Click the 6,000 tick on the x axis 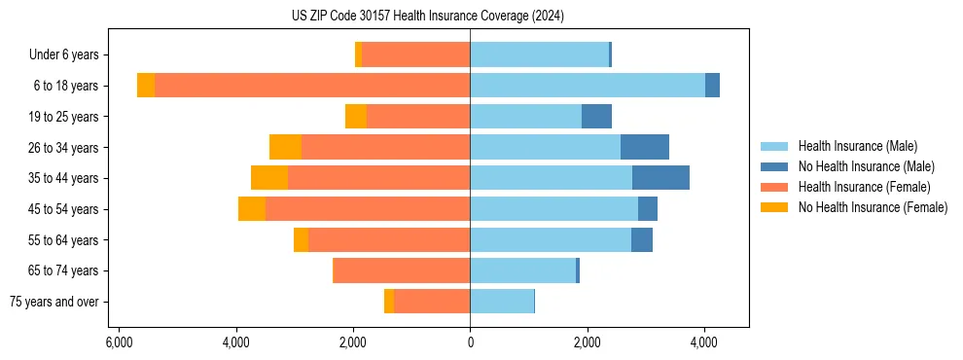(118, 342)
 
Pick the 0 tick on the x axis (470, 342)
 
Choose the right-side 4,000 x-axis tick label (704, 342)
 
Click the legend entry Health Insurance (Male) (857, 146)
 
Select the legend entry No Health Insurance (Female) (873, 207)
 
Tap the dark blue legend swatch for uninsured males (775, 166)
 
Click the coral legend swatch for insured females (775, 187)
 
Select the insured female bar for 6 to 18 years (312, 86)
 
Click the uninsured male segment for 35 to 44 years (660, 178)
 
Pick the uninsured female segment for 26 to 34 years (285, 147)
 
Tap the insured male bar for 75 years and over (502, 302)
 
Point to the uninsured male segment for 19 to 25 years (596, 117)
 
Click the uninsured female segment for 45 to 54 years (252, 209)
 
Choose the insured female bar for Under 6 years (415, 54)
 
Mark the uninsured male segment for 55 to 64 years (641, 239)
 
